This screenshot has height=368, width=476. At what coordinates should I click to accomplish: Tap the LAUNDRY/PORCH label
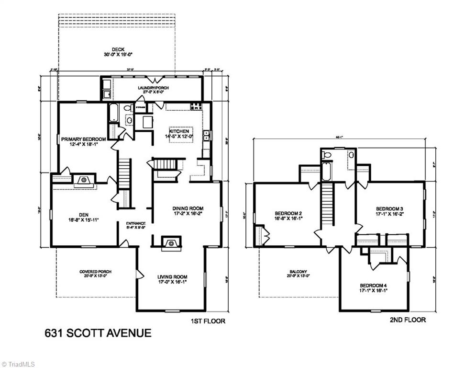tap(153, 88)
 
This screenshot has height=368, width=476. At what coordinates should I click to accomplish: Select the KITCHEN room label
tap(180, 131)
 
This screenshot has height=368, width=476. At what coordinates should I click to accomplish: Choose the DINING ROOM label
tap(188, 208)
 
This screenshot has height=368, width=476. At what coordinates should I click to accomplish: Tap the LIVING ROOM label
tap(172, 276)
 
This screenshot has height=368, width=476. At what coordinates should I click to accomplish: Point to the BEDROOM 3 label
tap(389, 208)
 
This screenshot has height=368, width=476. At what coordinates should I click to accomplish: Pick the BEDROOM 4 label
tap(374, 286)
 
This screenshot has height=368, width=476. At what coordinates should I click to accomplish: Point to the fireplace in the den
tap(84, 180)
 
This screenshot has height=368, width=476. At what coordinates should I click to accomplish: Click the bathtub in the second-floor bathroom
tap(326, 172)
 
